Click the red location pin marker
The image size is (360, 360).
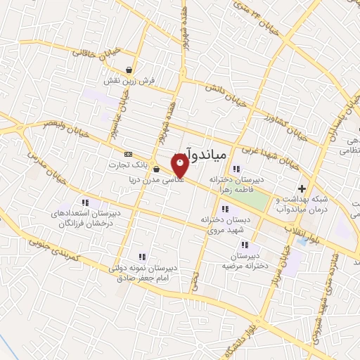click(x=180, y=167)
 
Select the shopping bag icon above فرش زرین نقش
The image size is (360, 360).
click(x=129, y=70)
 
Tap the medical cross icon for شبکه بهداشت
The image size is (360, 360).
click(x=302, y=188)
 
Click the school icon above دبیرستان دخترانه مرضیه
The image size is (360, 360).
click(x=245, y=245)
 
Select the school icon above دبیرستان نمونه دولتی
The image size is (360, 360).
click(x=142, y=257)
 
